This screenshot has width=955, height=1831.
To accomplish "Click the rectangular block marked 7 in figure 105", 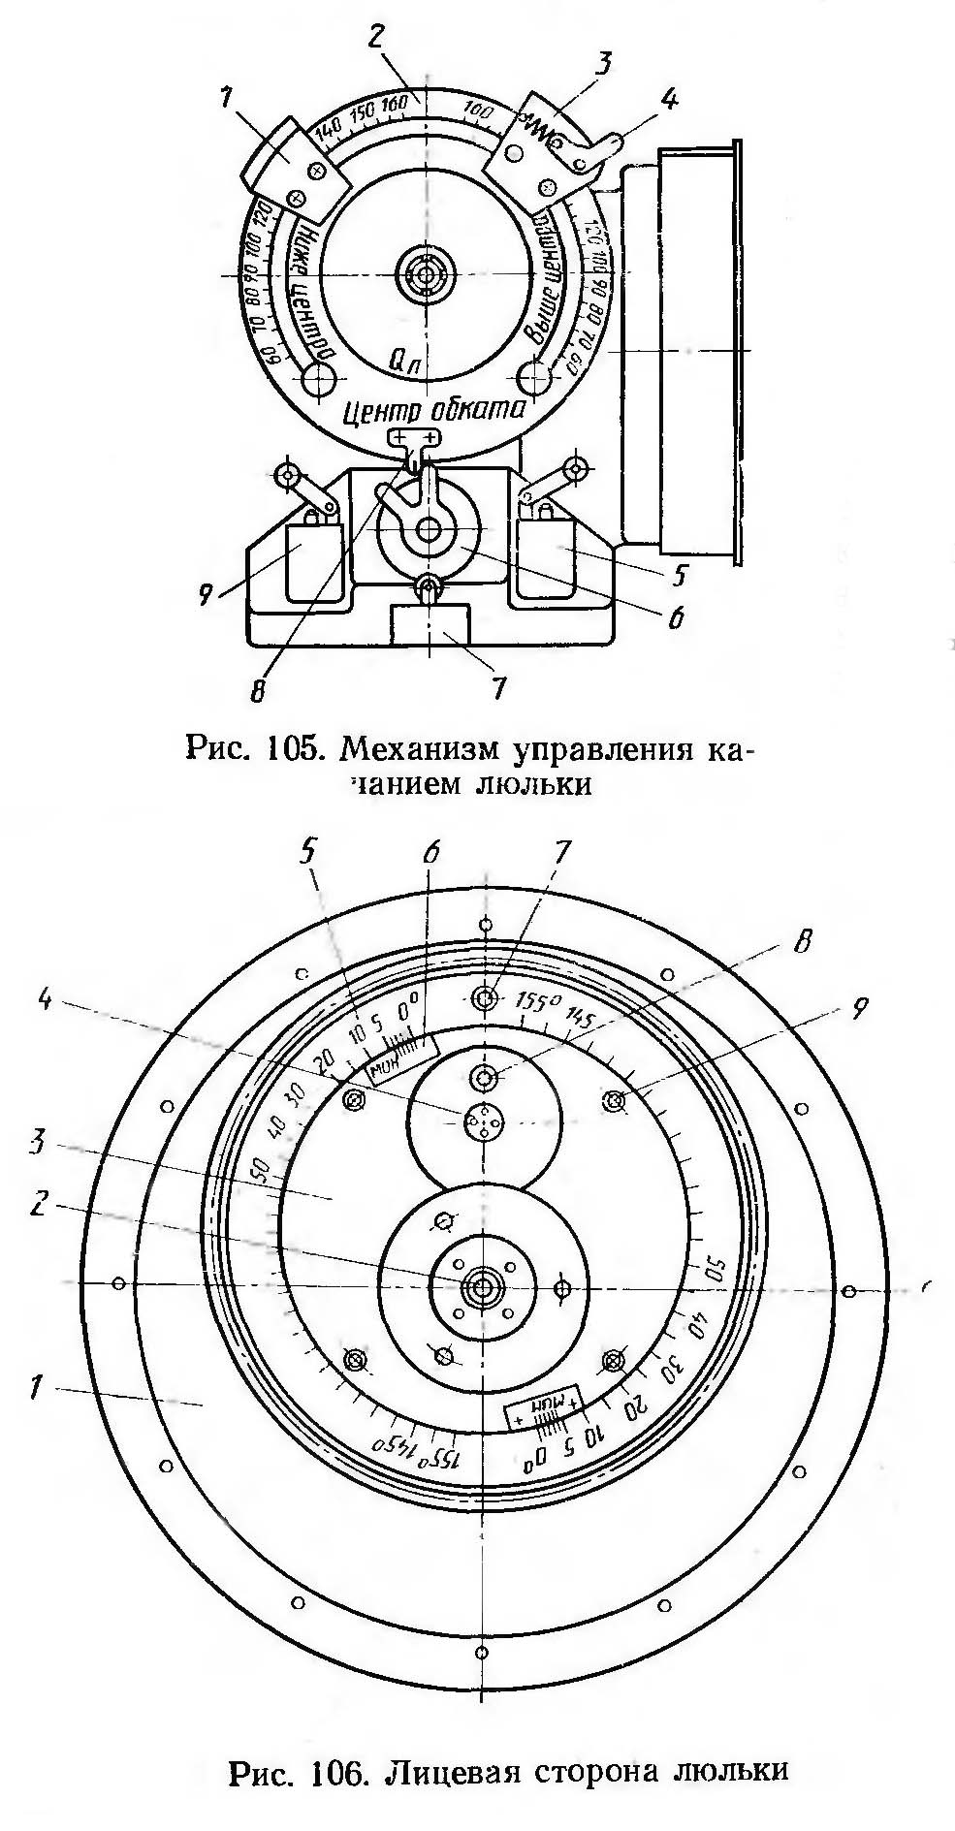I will pos(428,624).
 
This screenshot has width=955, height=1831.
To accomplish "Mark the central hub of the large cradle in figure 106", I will pos(479,1285).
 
